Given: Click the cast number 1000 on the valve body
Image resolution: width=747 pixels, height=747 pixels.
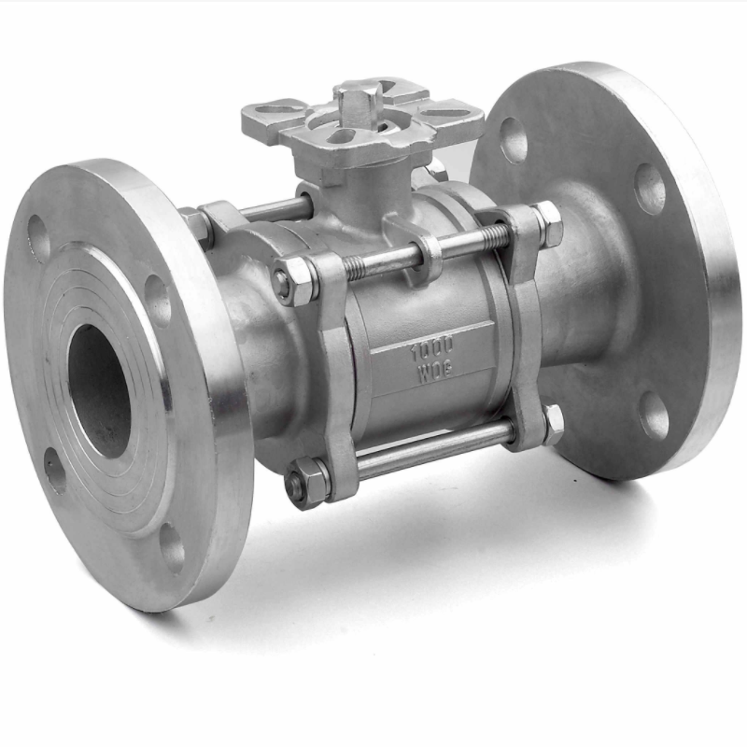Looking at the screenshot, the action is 432,351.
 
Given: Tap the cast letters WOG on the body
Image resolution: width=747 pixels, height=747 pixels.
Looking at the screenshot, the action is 435,372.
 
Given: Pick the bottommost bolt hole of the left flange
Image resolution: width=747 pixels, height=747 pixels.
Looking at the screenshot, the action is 173,548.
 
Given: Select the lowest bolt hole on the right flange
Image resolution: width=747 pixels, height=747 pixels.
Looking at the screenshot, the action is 654,416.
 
